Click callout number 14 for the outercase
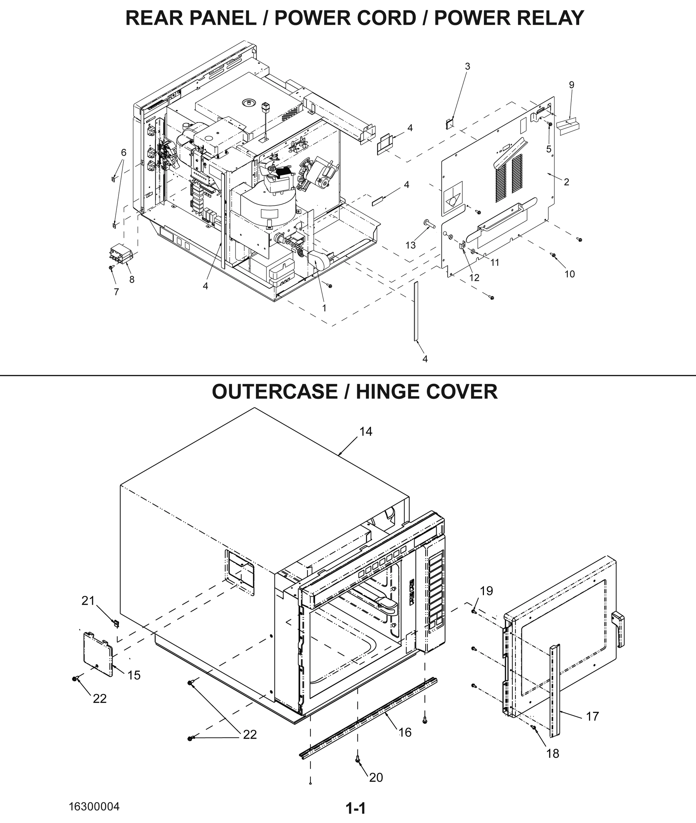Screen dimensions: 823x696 pos(366,431)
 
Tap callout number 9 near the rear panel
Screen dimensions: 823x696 pos(571,85)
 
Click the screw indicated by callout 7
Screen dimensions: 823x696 pos(111,267)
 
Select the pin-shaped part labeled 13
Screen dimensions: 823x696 pos(429,224)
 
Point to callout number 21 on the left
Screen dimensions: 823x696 pos(88,600)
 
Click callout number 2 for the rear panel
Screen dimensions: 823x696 pos(566,182)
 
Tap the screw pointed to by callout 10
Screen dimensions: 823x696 pos(553,256)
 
